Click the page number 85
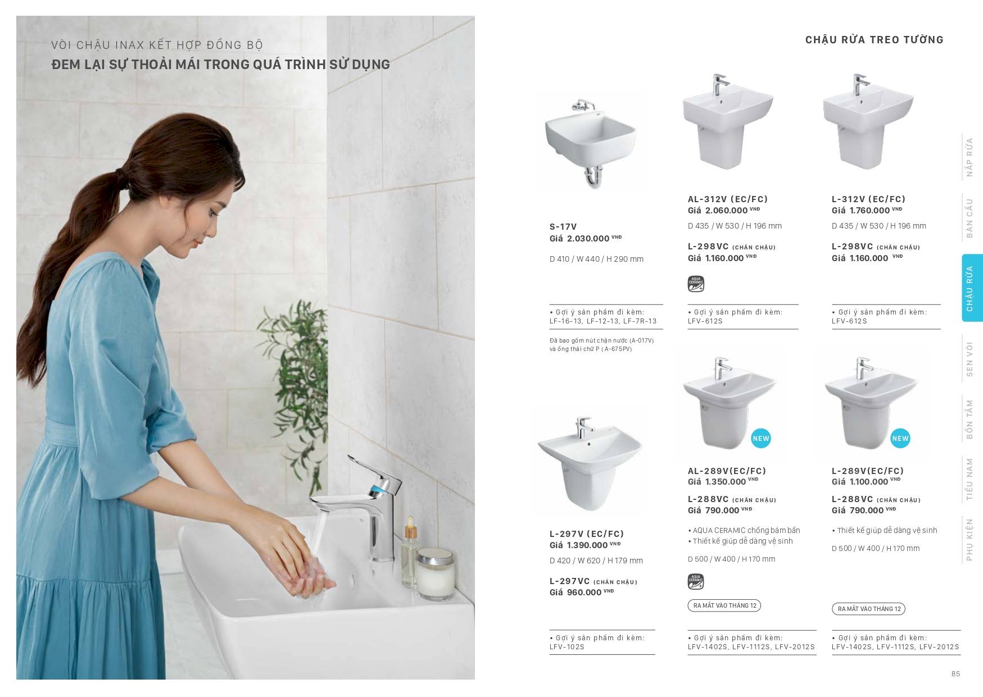(x=955, y=674)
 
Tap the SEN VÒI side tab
(x=969, y=359)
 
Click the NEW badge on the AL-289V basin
(x=760, y=439)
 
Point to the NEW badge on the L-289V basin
(x=900, y=439)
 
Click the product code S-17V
(x=563, y=227)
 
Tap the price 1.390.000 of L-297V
(x=578, y=545)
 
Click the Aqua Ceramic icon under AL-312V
(x=696, y=284)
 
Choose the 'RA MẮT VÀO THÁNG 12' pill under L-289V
(x=869, y=609)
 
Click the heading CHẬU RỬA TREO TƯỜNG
(x=874, y=40)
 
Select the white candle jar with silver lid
(x=436, y=573)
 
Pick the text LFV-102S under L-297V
(x=567, y=647)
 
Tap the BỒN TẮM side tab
(x=969, y=419)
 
